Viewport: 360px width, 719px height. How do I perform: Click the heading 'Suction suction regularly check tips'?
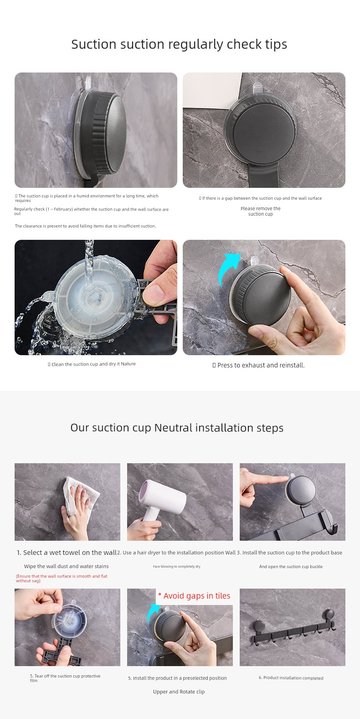(x=179, y=44)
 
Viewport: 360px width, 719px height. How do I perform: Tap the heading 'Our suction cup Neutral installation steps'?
(x=177, y=428)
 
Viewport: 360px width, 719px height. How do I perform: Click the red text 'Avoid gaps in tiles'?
(x=197, y=596)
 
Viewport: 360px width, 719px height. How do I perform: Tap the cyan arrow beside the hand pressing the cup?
(x=228, y=269)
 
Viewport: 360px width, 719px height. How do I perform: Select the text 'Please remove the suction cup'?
(x=261, y=211)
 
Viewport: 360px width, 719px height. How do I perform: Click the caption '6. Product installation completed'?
(x=291, y=678)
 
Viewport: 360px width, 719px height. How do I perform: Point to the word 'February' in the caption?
(x=63, y=209)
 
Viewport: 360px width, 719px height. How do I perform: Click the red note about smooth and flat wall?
(x=62, y=579)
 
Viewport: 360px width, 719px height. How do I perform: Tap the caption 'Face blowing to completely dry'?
(x=176, y=567)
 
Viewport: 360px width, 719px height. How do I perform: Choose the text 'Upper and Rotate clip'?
(x=179, y=692)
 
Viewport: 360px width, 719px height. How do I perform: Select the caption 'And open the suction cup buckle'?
(x=291, y=567)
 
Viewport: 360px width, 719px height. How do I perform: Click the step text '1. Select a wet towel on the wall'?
(x=67, y=553)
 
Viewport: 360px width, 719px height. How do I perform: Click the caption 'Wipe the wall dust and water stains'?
(x=66, y=566)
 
